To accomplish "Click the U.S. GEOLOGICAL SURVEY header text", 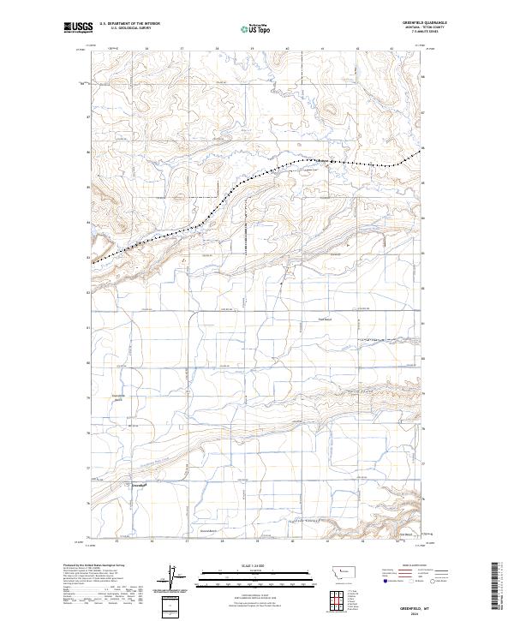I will [125, 29].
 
